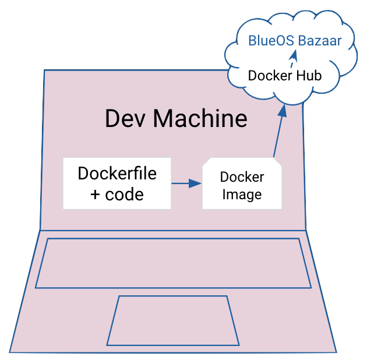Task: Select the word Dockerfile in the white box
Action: (117, 173)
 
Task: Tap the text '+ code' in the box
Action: (117, 194)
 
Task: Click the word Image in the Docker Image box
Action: (242, 195)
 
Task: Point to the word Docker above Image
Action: (242, 177)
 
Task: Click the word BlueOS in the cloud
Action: (269, 41)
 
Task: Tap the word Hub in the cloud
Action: (309, 76)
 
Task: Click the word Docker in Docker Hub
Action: (271, 76)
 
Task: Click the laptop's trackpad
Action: (172, 320)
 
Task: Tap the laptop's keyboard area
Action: (173, 263)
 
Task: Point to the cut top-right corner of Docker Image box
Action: (278, 163)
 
